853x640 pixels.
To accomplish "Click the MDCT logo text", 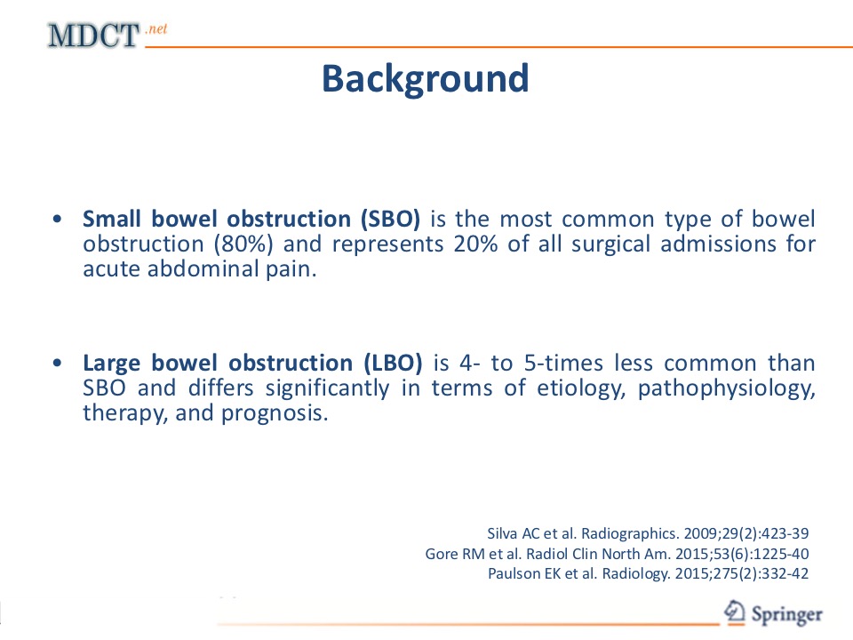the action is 93,36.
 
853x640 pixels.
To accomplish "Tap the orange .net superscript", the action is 156,28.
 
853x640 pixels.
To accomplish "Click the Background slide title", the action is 425,79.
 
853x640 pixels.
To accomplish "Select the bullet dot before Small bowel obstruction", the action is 57,219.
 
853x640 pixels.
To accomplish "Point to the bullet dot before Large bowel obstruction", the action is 57,363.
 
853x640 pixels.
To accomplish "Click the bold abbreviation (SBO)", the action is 390,219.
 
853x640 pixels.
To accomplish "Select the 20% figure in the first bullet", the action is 475,244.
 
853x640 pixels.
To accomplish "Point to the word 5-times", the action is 563,363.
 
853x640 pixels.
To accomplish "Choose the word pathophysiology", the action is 726,388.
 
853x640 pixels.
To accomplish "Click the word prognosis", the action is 275,413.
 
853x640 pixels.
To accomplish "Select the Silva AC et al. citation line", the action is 648,533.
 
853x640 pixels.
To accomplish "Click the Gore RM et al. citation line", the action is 617,554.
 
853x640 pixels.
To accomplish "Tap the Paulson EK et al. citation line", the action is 648,573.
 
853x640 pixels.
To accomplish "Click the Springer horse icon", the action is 735,612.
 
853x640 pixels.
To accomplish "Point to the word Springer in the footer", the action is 786,615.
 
